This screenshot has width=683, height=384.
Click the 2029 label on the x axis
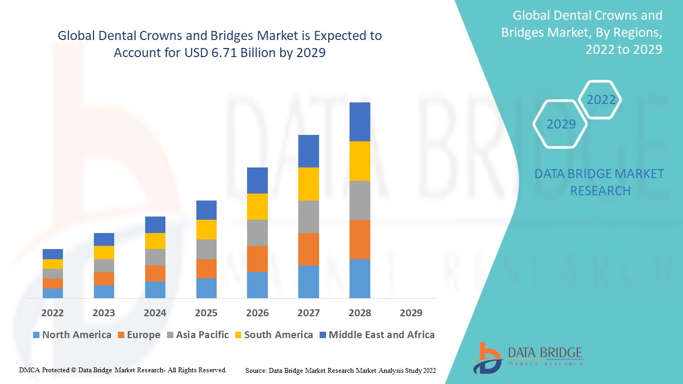point(411,313)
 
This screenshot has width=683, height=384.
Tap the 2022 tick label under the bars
point(52,313)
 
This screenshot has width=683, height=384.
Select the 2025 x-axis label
point(206,313)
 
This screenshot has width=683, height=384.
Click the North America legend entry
point(72,335)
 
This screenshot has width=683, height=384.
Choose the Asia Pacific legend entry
point(198,335)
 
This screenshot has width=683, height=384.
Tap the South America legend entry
point(273,335)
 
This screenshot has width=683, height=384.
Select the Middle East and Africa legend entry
point(376,335)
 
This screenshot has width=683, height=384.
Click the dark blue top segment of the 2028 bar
point(360,122)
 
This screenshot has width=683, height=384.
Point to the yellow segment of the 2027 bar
point(308,184)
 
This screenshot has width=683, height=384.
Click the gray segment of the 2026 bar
point(257,233)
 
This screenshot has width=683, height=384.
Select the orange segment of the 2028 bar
point(360,239)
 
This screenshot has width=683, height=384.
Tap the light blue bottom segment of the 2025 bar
point(206,288)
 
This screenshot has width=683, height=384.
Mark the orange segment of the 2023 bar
point(104,278)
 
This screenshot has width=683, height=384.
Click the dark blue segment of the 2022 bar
point(52,254)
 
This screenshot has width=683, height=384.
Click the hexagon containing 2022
point(601,100)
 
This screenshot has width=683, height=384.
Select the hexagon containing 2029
point(560,124)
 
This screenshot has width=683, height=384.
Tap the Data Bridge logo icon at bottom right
point(487,357)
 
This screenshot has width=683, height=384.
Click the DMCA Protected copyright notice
point(123,370)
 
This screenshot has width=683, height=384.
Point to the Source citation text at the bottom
point(340,370)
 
